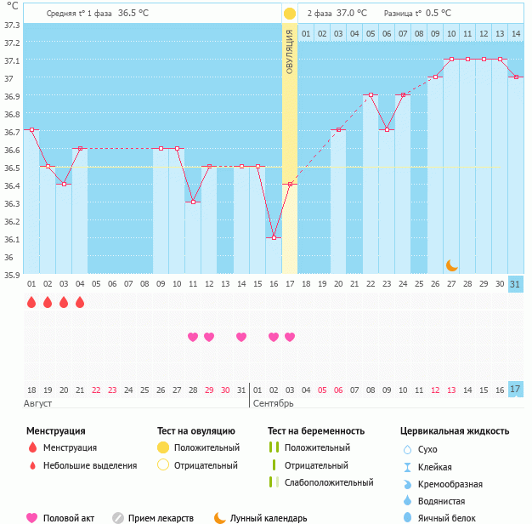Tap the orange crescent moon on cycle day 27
point(452,265)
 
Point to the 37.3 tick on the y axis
point(13,25)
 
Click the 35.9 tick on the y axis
point(13,275)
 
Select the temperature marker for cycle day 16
point(274,237)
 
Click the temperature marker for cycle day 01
point(31,129)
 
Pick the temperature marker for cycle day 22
point(371,94)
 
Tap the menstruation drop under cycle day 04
point(80,302)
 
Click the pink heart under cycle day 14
point(241,337)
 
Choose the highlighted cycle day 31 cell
point(516,284)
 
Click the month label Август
point(38,402)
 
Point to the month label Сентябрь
point(273,402)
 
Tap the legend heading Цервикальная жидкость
point(455,430)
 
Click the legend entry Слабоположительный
point(328,482)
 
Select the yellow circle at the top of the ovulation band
point(290,14)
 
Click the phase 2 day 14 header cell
point(516,33)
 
